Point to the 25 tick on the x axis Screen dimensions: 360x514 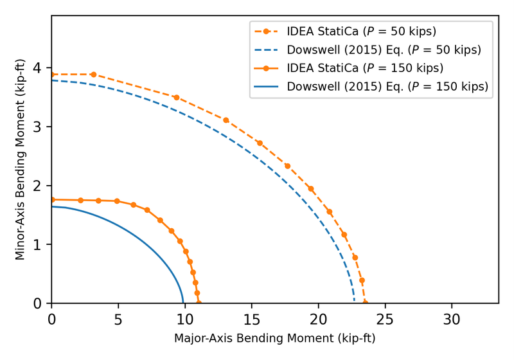click(385, 303)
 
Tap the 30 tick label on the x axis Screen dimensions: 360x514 click(452, 318)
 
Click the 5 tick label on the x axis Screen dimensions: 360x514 click(118, 318)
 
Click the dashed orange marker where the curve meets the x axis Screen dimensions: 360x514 click(365, 303)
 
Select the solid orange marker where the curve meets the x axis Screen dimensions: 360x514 click(199, 303)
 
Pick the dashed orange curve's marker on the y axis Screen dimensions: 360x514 click(52, 75)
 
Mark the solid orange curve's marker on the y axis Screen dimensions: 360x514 click(52, 199)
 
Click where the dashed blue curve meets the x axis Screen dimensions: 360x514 click(355, 303)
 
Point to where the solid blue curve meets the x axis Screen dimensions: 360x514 click(183, 303)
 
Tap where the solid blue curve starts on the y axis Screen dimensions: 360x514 click(52, 206)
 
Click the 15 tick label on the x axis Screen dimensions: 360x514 click(252, 318)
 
